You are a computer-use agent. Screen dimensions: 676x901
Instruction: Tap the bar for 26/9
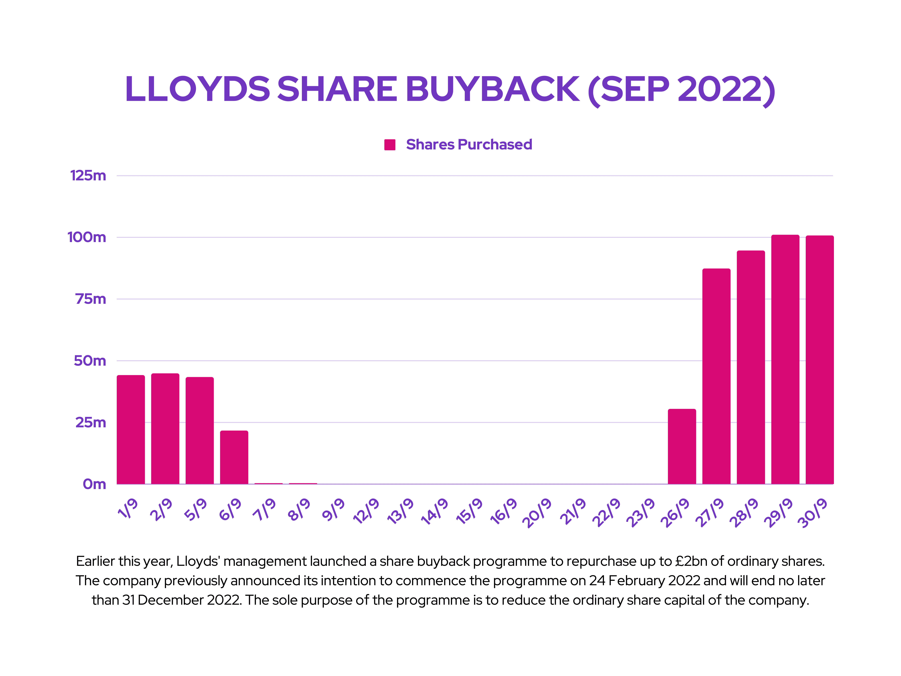pos(682,447)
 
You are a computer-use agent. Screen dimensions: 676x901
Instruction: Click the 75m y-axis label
pos(90,299)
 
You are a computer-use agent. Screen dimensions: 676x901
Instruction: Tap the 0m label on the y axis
pos(94,484)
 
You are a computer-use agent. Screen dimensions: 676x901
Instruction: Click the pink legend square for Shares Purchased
pos(390,145)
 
